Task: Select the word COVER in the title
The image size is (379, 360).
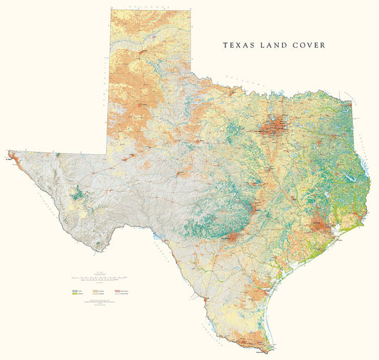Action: [x=310, y=45]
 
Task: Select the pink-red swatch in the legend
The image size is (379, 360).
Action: [x=117, y=292]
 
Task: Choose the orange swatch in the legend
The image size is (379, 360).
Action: [x=95, y=292]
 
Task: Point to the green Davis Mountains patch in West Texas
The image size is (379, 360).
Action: [x=76, y=193]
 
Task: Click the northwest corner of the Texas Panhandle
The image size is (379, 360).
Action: [x=110, y=9]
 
